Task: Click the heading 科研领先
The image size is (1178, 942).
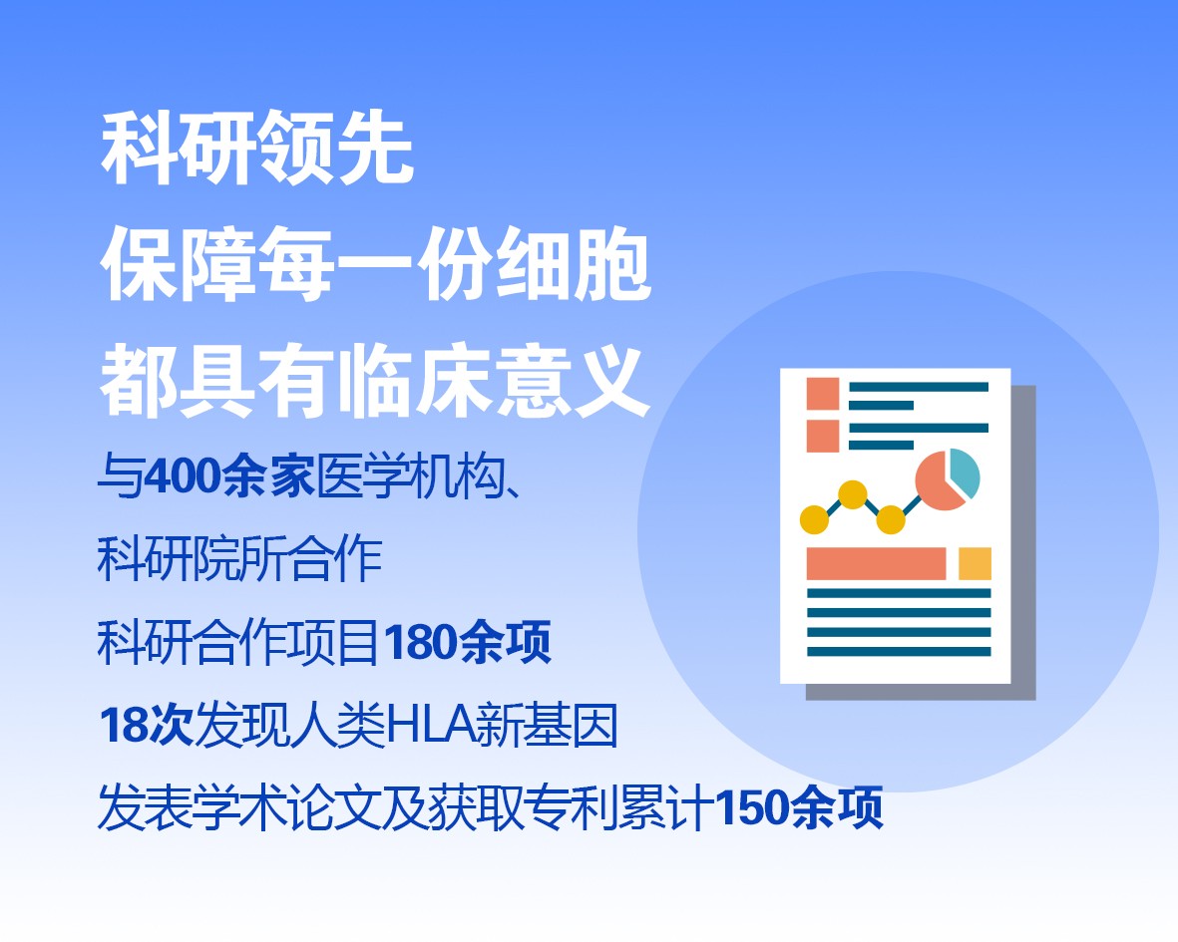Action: [257, 148]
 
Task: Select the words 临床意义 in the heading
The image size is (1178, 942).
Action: [493, 381]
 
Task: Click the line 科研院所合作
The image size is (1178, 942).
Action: [239, 559]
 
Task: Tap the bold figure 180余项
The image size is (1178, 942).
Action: [467, 642]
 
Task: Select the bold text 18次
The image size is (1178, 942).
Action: [147, 725]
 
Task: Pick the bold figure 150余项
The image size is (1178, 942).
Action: [799, 808]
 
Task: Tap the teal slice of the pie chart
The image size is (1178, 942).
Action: [965, 472]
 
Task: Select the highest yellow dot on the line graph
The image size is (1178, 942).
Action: [852, 494]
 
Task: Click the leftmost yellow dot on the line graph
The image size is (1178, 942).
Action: [814, 519]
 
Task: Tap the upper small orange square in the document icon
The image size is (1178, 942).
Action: [823, 394]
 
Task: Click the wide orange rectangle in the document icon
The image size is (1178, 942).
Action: [876, 563]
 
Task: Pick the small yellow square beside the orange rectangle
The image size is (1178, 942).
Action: [975, 563]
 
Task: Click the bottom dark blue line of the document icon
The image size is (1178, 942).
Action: [899, 652]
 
